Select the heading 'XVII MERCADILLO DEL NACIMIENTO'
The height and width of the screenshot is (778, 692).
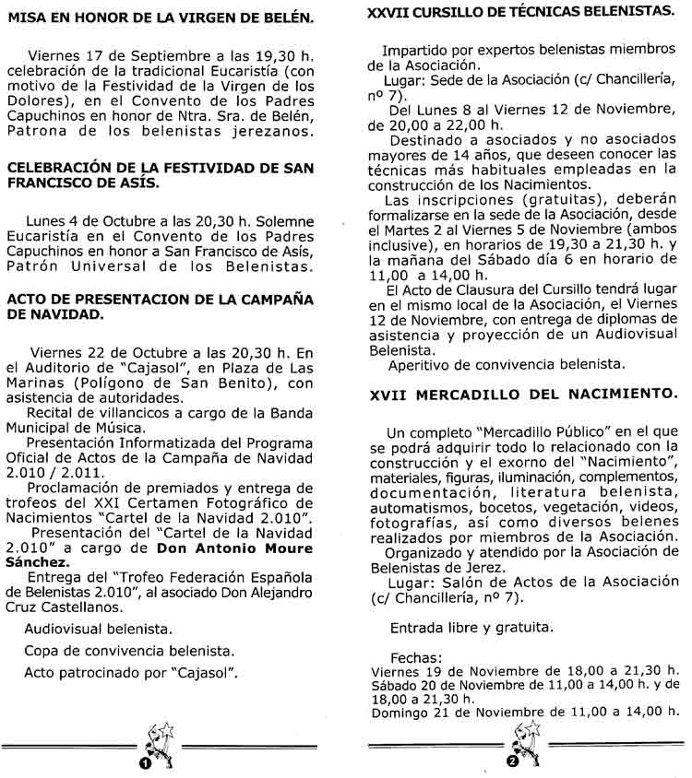point(520,394)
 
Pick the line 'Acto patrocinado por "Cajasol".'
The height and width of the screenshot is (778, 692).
point(131,672)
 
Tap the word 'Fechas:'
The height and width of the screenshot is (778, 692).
point(417,658)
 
